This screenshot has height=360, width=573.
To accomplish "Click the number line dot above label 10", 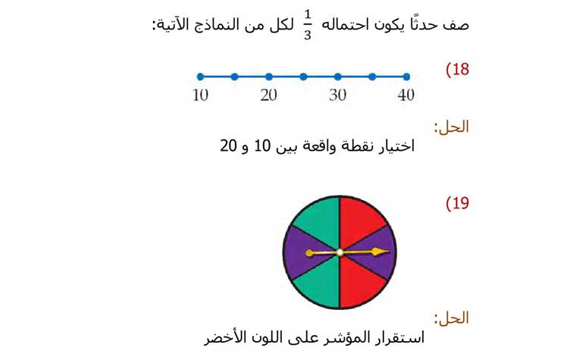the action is (200, 77).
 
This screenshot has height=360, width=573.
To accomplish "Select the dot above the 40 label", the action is (406, 77).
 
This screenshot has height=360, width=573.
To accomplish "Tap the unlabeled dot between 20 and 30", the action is (303, 77).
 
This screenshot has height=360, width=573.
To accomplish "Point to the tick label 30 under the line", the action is (337, 95).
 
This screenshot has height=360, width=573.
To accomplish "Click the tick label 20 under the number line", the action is (268, 95).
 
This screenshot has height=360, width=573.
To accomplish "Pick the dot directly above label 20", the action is (269, 77).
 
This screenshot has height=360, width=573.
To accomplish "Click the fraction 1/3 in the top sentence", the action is (307, 25).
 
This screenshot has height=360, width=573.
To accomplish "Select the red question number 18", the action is (457, 70).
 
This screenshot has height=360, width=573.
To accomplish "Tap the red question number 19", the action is (457, 203).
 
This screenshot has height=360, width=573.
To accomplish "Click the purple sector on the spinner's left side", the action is (303, 252).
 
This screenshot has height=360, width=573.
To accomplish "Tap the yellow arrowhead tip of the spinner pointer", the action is (389, 251).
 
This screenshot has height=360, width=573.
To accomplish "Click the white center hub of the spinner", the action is (340, 252).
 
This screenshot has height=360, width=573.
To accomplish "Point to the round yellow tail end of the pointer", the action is (309, 253).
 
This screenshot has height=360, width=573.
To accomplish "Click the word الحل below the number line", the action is (453, 127).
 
